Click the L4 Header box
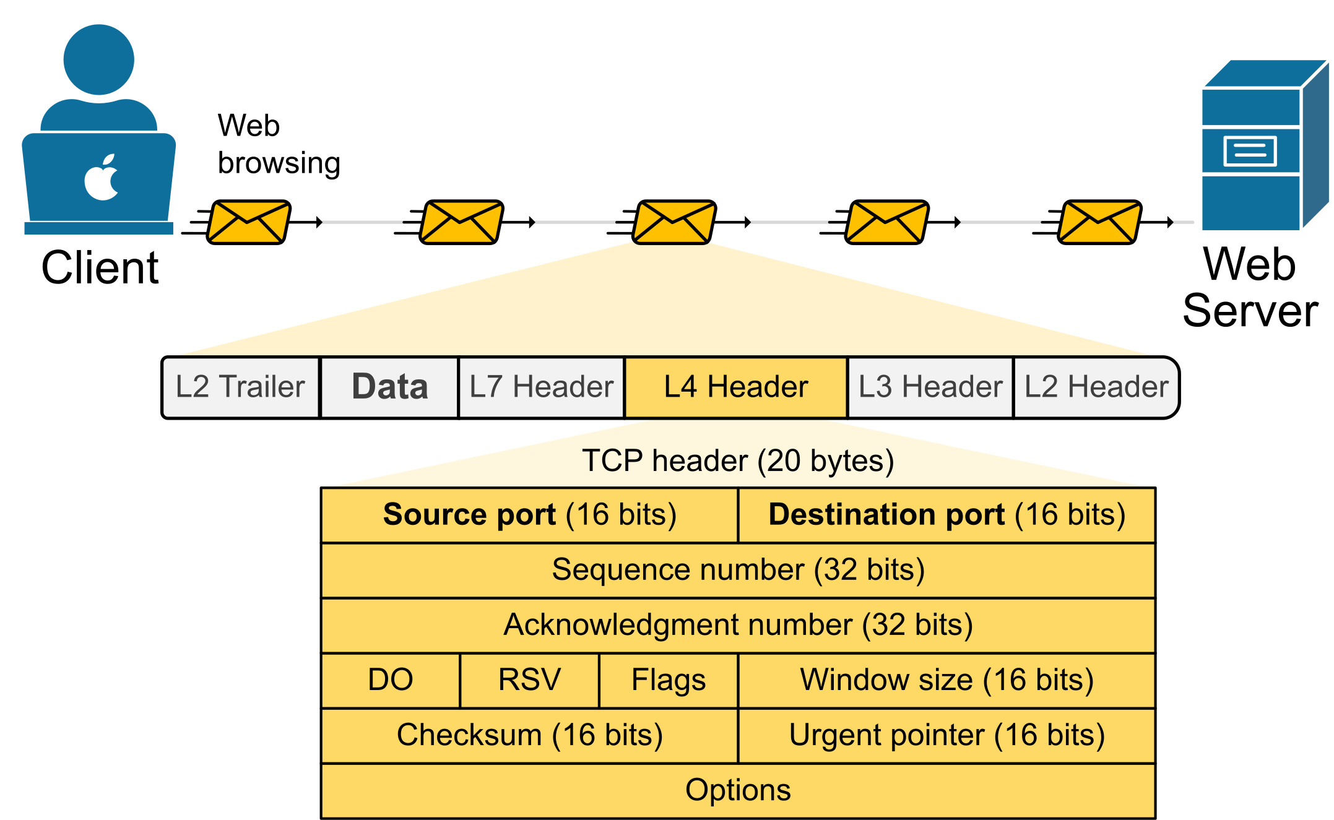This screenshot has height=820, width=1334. coord(736,387)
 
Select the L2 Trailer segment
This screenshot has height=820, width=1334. coord(241,387)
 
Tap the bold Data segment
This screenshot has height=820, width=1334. coord(389,387)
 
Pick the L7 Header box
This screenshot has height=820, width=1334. coord(542,387)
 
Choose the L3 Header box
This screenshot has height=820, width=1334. coord(930,387)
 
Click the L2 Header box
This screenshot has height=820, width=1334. coord(1096,387)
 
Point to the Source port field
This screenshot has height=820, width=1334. coord(530,515)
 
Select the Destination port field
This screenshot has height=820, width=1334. coord(946,515)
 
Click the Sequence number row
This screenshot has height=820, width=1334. coord(738,570)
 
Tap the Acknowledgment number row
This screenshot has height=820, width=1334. coord(738,625)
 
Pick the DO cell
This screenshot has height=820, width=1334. coord(391,680)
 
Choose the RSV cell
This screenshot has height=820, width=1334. coord(530,680)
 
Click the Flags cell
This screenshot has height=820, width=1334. coord(669,680)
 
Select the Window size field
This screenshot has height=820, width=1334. coord(946,680)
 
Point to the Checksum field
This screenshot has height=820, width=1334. coord(530,735)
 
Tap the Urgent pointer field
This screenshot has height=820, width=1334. coord(946,735)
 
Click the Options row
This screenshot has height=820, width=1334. coord(738,790)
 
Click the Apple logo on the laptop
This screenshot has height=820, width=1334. coord(102,178)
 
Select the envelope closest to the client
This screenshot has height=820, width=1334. coord(248,222)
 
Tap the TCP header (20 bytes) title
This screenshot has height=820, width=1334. coord(738,461)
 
